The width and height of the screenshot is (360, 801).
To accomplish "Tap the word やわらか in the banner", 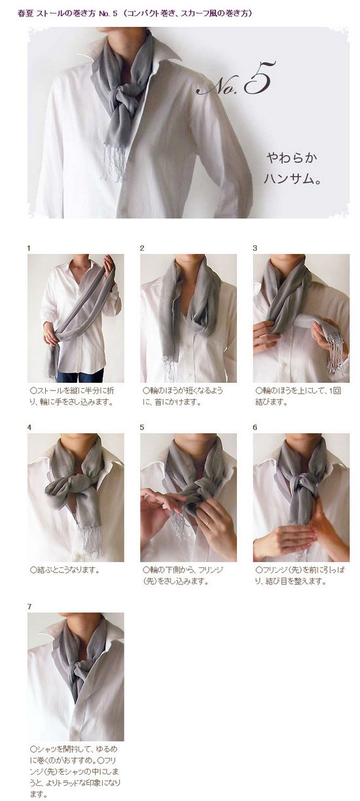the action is click(x=292, y=158).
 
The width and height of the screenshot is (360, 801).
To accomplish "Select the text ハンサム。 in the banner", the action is click(x=291, y=179).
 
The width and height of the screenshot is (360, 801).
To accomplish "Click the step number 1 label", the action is click(x=29, y=248).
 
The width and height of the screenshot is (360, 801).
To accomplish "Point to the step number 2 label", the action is click(x=142, y=248).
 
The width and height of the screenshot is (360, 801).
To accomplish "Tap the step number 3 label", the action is click(x=255, y=248).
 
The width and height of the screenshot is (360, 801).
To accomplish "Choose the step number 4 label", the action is click(x=29, y=427).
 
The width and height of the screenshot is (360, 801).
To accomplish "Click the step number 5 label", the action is click(x=142, y=427).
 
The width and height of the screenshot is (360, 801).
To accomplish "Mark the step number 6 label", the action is click(x=255, y=427).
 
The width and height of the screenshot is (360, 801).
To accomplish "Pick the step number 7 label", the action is click(x=29, y=607).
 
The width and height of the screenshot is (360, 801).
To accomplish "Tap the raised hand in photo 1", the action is click(x=109, y=265).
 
